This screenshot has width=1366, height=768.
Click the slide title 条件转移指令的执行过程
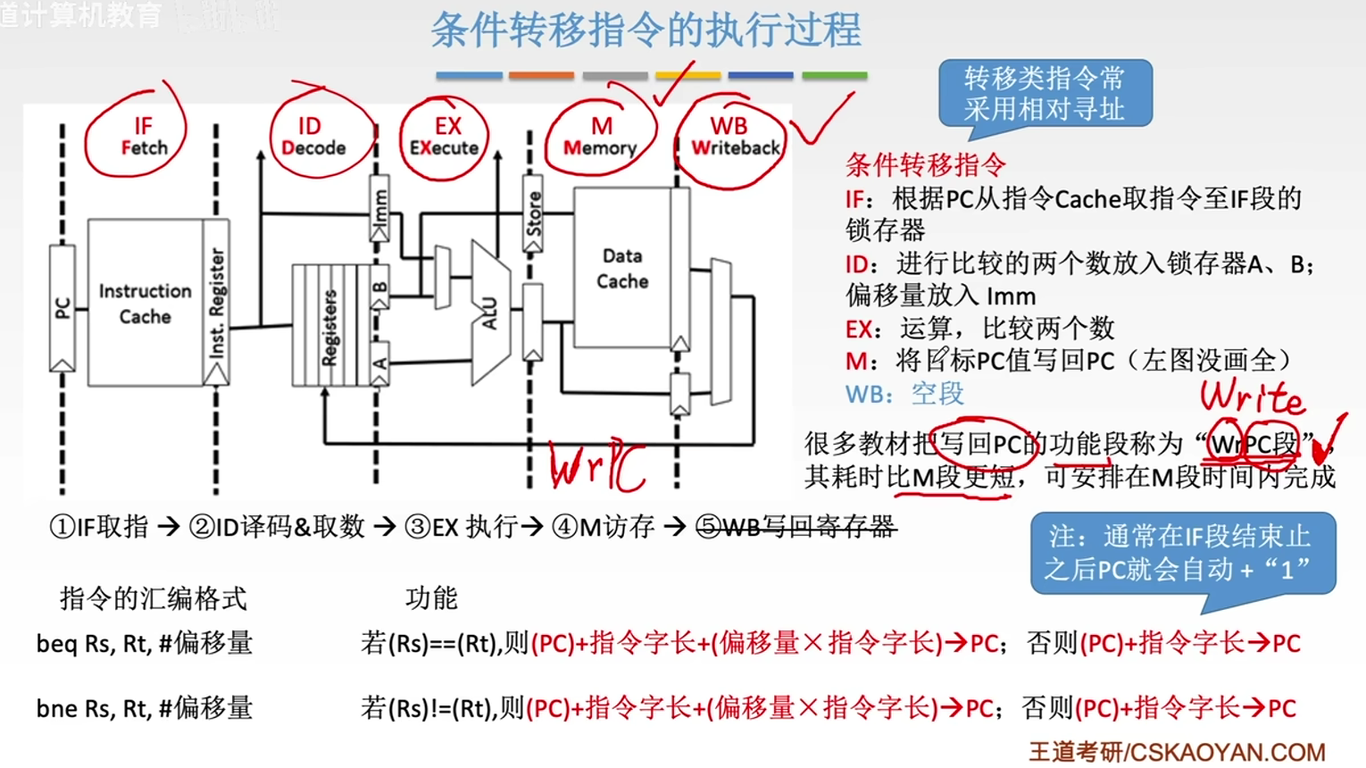click(x=646, y=30)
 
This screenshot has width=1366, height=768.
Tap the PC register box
click(x=62, y=308)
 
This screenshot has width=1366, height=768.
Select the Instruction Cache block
click(x=145, y=304)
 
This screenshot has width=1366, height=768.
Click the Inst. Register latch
click(x=216, y=304)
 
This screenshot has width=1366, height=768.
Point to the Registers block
click(x=328, y=326)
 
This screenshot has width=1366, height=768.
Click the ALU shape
click(x=489, y=313)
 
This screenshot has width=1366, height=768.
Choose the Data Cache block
click(x=621, y=268)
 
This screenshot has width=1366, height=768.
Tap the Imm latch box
click(x=379, y=211)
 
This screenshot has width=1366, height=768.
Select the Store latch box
click(x=533, y=214)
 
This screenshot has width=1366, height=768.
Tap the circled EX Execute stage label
click(x=445, y=137)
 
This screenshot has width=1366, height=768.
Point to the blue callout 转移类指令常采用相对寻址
click(x=1045, y=94)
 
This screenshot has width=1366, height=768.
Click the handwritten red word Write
click(x=1252, y=397)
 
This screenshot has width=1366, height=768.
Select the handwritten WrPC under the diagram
click(x=596, y=466)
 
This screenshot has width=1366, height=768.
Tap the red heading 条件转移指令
click(x=925, y=164)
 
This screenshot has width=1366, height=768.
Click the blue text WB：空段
click(x=904, y=394)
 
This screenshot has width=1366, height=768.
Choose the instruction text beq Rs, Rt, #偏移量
click(x=145, y=643)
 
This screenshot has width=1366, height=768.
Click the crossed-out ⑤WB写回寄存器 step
click(x=795, y=527)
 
